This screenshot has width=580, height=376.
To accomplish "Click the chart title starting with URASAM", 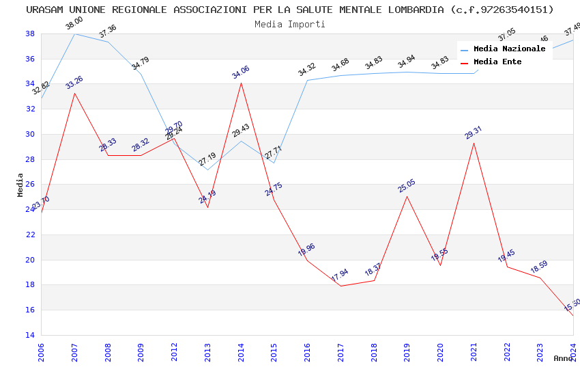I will point(290,10).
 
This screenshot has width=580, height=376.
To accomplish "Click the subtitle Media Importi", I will point(290,24).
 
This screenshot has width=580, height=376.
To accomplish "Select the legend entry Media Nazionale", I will point(509,49).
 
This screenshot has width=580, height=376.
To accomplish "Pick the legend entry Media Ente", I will point(497,62).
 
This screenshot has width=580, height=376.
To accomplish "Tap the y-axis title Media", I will point(20,185).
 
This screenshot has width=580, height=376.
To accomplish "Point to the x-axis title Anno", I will point(563,358).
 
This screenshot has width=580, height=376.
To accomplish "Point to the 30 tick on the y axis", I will point(30,134).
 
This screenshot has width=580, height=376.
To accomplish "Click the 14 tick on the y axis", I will point(30,335).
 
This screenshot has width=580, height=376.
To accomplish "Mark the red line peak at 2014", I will point(241,83).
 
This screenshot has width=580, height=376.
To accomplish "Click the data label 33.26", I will point(74,83).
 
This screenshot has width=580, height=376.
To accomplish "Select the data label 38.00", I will point(74,24).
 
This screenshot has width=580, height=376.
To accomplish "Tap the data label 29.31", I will point(474,133).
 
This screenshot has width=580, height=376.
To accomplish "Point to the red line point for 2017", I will point(340,286).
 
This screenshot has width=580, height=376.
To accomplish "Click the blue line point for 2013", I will point(207,170).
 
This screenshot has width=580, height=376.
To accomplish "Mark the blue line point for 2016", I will point(307,80).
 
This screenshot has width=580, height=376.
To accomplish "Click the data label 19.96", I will point(306,250).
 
